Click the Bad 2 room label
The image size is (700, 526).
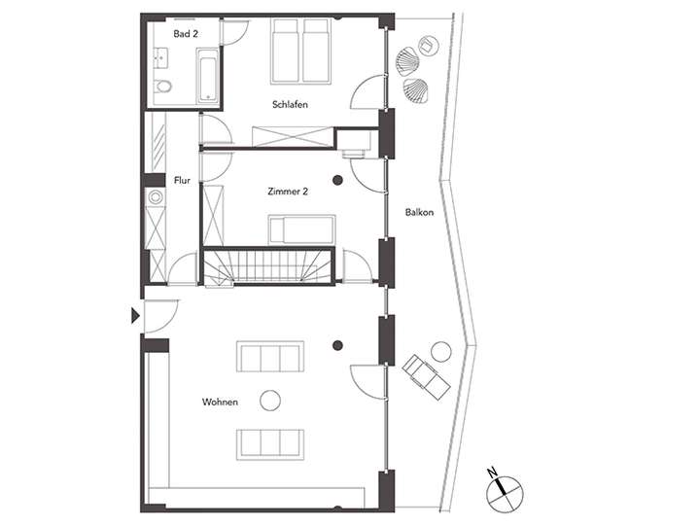pos(185,34)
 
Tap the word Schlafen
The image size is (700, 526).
pos(290,104)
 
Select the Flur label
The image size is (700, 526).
pos(182,180)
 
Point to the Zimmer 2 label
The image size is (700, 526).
pos(287,193)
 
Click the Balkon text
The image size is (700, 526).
pos(420,212)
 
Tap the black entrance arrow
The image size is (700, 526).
pos(134,315)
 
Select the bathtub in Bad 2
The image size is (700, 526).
pos(207,78)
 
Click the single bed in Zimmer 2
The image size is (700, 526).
pos(301,230)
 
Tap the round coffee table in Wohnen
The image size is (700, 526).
pos(270,399)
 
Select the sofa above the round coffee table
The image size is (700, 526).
pos(270,357)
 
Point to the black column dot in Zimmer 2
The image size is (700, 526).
pos(338,180)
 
